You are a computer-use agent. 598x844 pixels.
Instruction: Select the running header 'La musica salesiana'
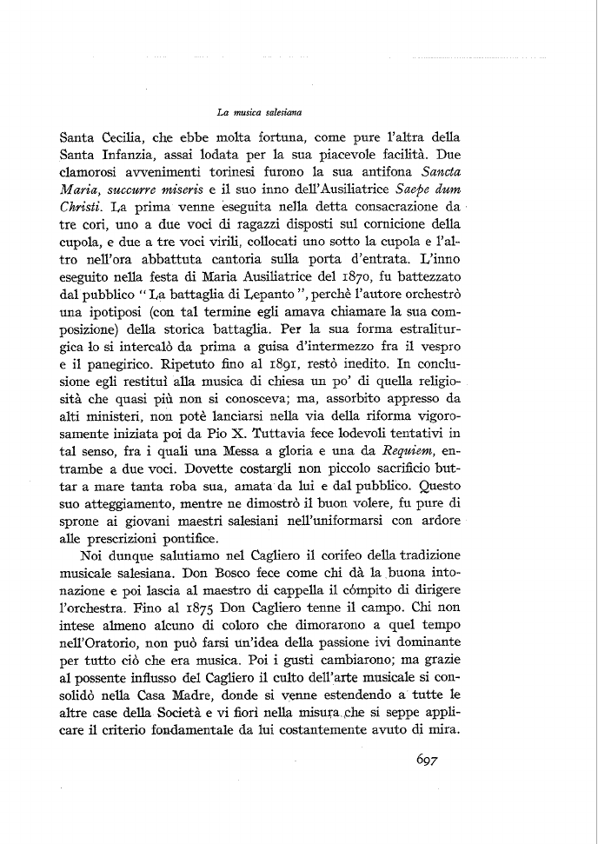coord(259,111)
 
